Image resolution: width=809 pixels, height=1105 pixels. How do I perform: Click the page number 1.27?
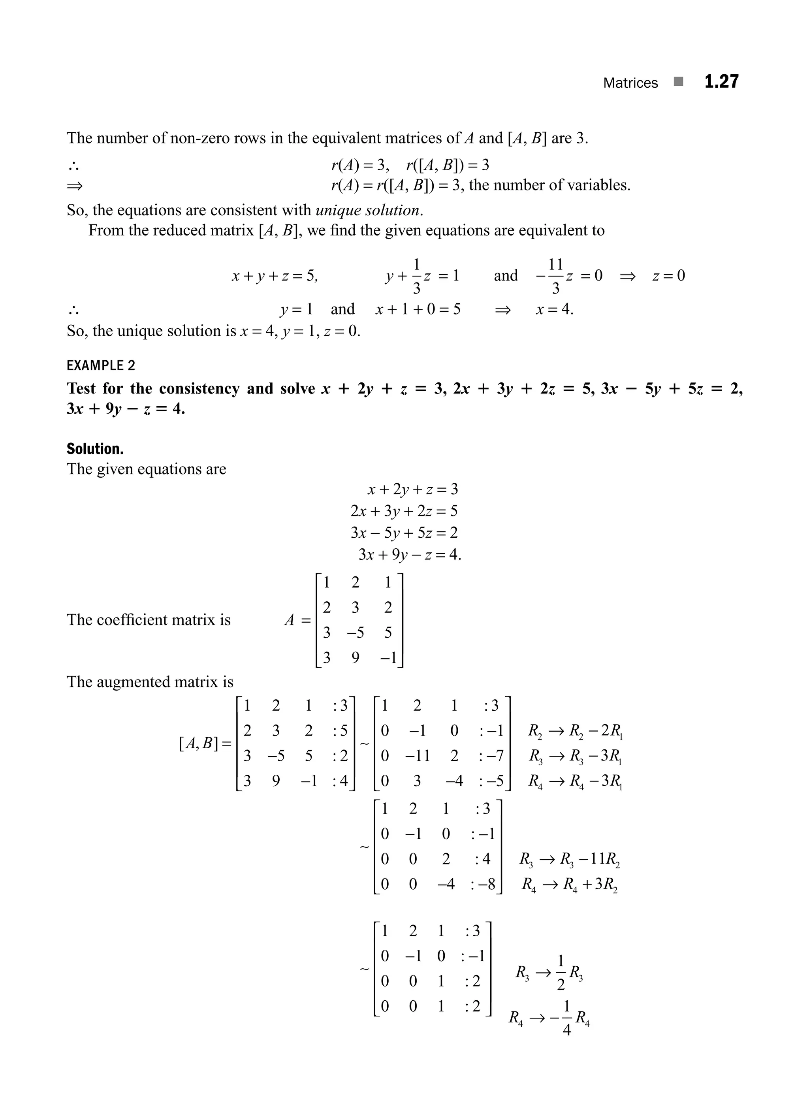point(721,81)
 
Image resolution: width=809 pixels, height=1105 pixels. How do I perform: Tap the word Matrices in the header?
point(630,83)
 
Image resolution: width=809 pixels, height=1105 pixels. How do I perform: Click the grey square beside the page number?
point(678,81)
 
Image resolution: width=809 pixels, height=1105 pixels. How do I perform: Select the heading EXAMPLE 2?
point(101,365)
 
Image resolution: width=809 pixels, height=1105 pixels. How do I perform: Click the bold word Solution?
point(95,449)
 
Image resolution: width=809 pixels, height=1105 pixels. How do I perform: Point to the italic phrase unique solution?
point(368,210)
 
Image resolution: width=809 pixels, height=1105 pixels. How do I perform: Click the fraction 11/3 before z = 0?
point(555,276)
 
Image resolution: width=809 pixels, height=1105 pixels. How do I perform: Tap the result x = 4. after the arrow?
point(554,310)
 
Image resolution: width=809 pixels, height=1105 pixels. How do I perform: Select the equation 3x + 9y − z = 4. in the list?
point(410,554)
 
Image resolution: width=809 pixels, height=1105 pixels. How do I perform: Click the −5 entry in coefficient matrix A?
point(355,633)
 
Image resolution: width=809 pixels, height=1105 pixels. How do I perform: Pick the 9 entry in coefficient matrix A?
point(356,657)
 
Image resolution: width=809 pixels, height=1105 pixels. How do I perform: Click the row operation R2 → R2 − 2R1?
point(575,731)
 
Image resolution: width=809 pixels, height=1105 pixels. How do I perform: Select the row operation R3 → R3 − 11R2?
point(570,860)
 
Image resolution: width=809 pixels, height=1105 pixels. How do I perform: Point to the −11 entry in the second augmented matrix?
point(417,756)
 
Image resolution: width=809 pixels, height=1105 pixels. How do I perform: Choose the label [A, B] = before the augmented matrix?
point(205,744)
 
